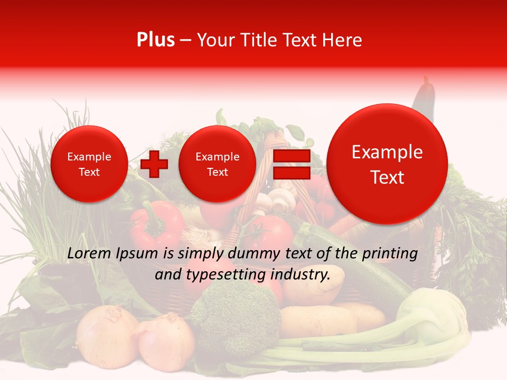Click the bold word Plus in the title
click(155, 40)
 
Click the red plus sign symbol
click(154, 164)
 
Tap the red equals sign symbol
click(291, 164)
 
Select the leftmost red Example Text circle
click(89, 164)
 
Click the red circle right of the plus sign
click(217, 164)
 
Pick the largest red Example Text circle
click(387, 164)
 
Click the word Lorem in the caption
click(88, 254)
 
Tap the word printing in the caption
click(390, 254)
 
